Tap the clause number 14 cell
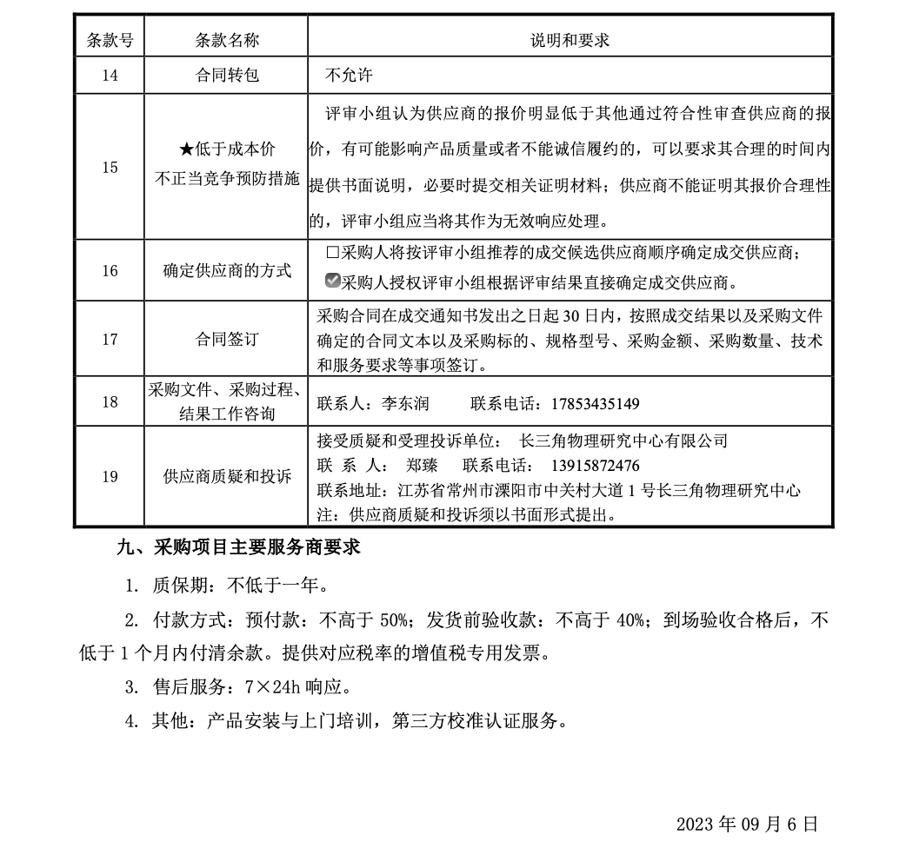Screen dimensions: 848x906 point(110,76)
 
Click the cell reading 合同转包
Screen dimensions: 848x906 point(227,76)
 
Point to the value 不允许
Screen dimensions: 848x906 point(349,76)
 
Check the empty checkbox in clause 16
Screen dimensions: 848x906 point(332,253)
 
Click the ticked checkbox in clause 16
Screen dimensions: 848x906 point(332,281)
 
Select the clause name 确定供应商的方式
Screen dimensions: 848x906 point(227,271)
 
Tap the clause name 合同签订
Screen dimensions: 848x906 point(227,339)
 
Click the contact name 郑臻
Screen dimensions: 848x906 point(423,465)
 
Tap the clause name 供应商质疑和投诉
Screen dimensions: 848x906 point(227,476)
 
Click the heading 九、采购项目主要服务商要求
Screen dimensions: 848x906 point(238,547)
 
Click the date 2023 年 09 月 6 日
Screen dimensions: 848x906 point(747,824)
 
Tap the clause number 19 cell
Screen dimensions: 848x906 point(110,476)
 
